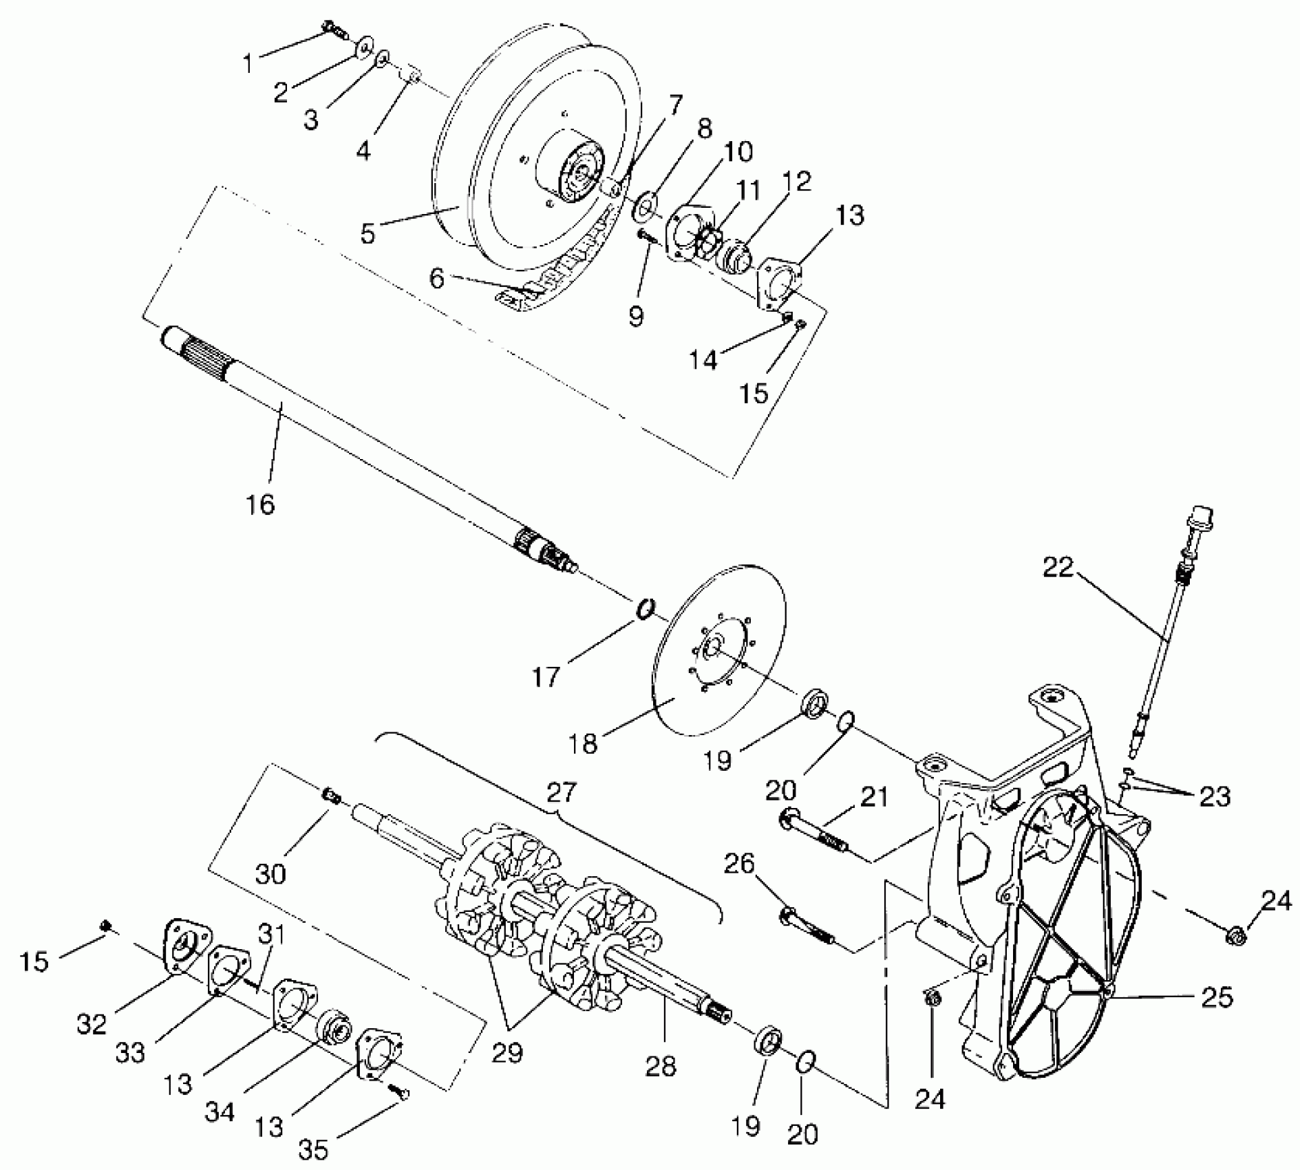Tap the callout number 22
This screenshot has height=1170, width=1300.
coord(1058,568)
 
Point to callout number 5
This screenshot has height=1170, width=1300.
coord(368,233)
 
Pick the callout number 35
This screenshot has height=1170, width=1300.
coord(314,1148)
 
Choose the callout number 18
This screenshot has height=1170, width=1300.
coord(584,744)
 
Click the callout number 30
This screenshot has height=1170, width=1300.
coord(270,873)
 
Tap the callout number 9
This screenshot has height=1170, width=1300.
coord(636,316)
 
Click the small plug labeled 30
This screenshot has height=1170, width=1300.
coord(331,796)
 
